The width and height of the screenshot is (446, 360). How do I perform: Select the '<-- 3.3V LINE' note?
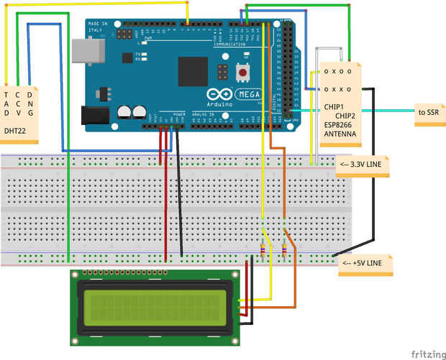[x=363, y=167]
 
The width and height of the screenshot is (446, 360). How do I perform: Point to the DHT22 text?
[x=15, y=131]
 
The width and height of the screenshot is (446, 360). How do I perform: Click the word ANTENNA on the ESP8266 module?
[x=339, y=134]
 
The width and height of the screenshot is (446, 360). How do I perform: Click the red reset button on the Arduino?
[x=245, y=73]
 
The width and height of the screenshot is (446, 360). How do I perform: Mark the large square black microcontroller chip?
[x=193, y=71]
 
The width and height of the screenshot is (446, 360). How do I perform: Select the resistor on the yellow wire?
[x=263, y=251]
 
